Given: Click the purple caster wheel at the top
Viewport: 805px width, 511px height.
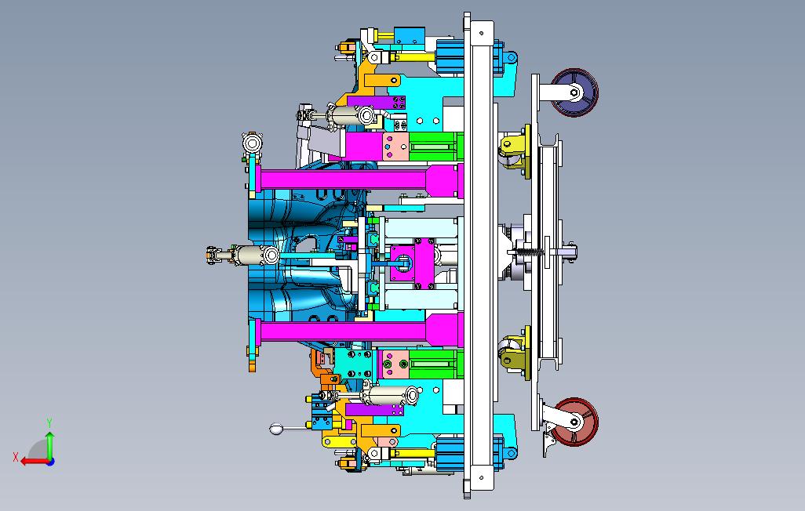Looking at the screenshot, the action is [574, 92].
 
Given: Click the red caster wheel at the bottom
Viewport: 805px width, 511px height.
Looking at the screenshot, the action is [576, 422].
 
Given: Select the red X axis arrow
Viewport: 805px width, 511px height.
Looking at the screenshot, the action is [34, 462].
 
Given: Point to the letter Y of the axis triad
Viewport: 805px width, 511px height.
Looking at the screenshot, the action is [49, 423].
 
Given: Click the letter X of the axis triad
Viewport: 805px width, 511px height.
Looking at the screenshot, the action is [16, 457].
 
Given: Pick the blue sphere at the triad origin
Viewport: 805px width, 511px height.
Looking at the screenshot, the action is [50, 462].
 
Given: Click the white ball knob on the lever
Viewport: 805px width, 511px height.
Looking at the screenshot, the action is [275, 429].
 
